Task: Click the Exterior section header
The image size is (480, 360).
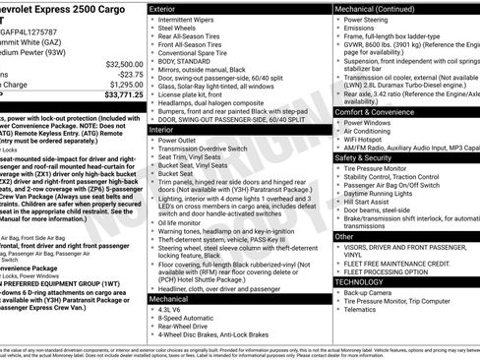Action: (x=168, y=8)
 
